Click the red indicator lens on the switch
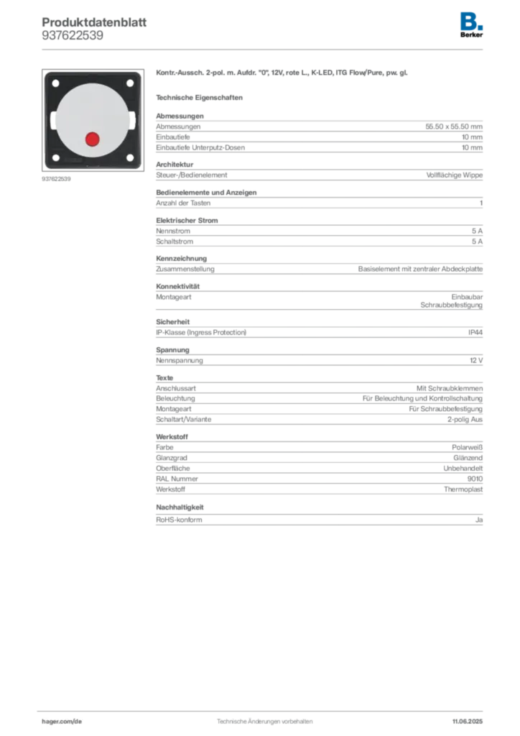tap(92, 139)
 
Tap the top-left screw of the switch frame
tap(55, 83)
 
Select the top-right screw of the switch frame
tap(130, 83)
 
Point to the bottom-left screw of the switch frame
tap(55, 157)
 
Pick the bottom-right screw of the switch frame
tap(130, 157)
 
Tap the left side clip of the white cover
tap(53, 121)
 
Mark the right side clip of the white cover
tap(131, 121)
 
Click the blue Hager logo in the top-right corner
tap(473, 20)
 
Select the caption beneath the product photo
tap(57, 179)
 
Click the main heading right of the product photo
tap(284, 74)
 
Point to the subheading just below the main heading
tap(201, 97)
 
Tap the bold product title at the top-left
tap(94, 20)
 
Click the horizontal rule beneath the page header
tap(264, 49)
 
